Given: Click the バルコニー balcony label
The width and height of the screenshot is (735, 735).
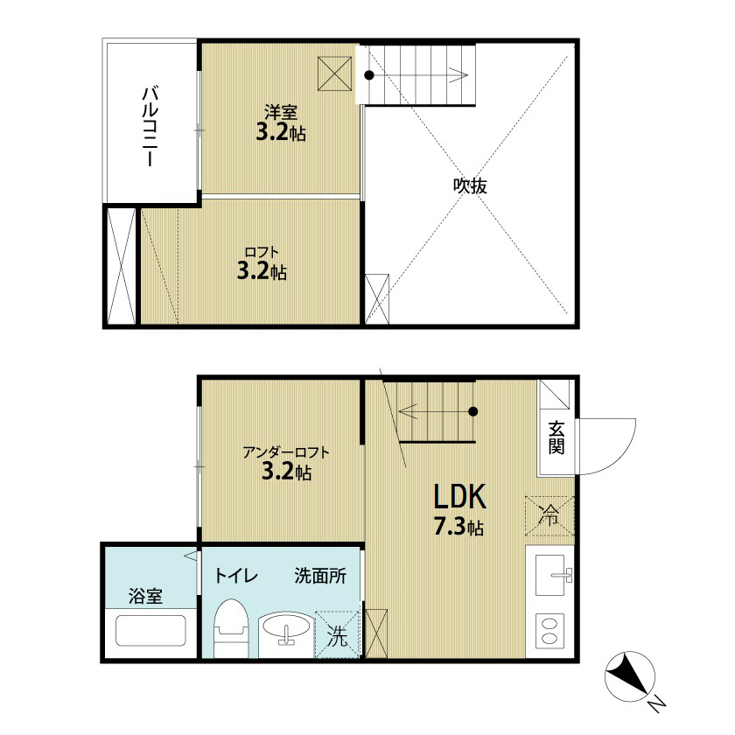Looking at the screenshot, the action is coord(150,126).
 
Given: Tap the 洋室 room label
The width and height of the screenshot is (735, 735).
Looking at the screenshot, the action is coord(281,113).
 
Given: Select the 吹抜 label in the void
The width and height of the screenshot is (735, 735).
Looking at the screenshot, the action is coord(470,186).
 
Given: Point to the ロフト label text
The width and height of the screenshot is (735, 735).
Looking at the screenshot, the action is coord(262,252).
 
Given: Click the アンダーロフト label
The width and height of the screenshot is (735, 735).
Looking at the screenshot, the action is coord(286,452).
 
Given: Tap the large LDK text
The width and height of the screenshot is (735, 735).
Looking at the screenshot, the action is coord(460,497).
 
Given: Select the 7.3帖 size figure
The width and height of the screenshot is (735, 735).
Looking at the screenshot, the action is coord(458,528).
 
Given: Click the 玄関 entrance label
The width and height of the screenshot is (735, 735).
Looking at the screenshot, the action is coord(556,438).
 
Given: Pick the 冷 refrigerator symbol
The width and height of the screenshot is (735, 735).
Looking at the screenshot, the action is coord(549,515).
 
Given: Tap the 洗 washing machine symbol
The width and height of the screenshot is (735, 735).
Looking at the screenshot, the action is coord(337,633).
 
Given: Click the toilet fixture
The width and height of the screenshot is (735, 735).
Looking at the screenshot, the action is coord(231,627).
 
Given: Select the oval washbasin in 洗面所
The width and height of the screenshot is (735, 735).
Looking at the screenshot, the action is coord(285,626).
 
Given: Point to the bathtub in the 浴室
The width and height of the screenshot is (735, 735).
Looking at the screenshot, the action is coord(150,631).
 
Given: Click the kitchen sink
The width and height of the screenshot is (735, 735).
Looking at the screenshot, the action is coord(550,575).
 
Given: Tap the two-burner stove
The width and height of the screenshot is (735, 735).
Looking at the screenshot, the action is coord(549,631).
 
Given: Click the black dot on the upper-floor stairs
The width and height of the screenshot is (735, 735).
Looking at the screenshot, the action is coord(369,75).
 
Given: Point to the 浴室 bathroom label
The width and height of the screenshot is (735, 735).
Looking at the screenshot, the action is coord(145,596).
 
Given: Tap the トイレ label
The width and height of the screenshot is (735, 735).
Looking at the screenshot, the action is coord(235,575).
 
